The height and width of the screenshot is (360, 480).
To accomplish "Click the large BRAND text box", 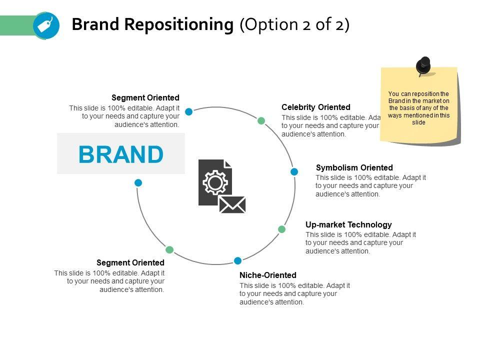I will [121, 154].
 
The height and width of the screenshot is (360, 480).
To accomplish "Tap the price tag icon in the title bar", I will [46, 25].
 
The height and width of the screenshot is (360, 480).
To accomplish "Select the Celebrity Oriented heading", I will [316, 107].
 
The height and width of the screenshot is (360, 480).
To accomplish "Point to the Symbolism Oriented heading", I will [354, 167].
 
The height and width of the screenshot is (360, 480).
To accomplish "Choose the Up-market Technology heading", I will [348, 224].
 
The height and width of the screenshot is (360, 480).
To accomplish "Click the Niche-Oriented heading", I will [268, 275].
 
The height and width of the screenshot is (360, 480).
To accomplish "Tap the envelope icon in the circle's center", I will [232, 204].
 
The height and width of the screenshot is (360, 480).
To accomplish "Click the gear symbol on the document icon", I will [215, 182].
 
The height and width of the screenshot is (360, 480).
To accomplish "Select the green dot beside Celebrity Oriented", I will [261, 120].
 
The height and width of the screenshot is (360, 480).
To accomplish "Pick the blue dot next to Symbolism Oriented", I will [294, 171].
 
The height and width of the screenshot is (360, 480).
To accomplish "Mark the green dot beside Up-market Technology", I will [282, 229].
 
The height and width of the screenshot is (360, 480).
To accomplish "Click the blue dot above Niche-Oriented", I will [238, 260].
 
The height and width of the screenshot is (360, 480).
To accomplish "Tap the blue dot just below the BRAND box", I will [138, 182].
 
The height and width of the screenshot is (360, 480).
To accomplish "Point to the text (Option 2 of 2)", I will [294, 24].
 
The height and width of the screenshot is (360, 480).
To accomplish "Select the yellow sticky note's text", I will [419, 108].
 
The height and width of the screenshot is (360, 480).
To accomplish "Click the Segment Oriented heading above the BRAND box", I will [145, 97].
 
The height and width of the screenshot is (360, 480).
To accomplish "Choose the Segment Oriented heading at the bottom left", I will [130, 262].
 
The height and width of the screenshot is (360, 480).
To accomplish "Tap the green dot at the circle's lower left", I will [169, 249].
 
